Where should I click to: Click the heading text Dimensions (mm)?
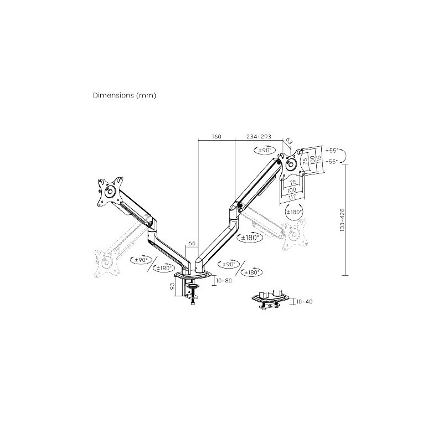(125, 95)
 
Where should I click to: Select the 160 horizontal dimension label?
(216, 137)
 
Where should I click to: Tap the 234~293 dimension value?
(259, 137)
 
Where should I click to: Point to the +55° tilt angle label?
(332, 151)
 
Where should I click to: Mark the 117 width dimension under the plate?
(291, 197)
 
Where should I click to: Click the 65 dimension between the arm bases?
(192, 243)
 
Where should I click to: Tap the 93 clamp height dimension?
(173, 286)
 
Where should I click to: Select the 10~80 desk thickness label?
(224, 281)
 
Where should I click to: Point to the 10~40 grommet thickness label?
(305, 302)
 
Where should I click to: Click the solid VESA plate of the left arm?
(109, 192)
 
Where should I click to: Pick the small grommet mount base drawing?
(270, 300)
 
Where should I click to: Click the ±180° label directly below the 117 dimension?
(293, 212)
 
